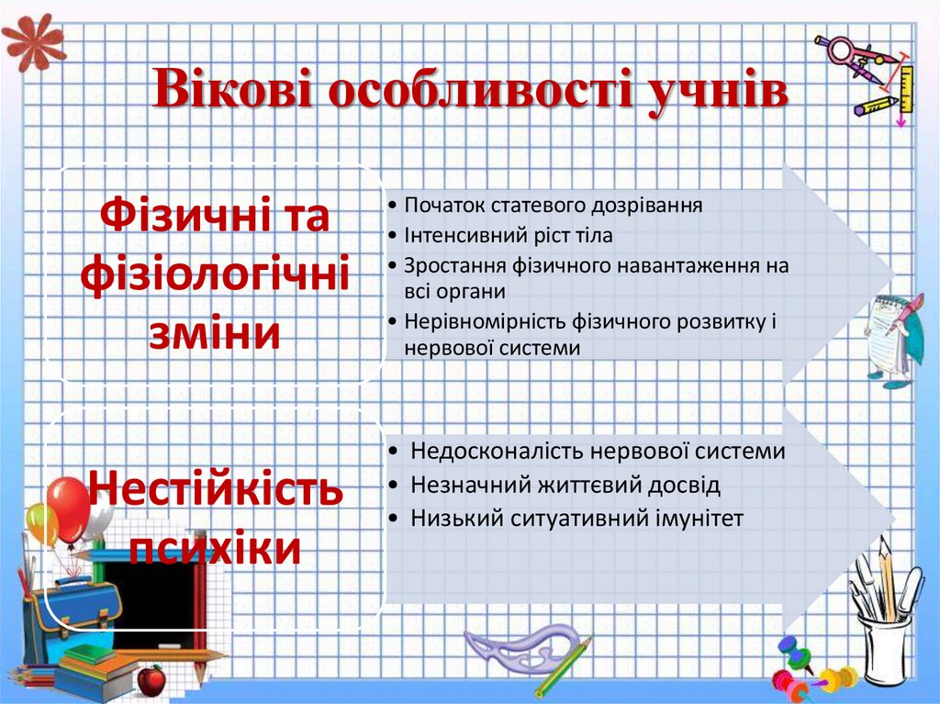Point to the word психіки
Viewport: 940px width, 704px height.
tap(215, 549)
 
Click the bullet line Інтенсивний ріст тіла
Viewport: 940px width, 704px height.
tap(508, 236)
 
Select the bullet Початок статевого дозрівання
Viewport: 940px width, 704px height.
tap(553, 206)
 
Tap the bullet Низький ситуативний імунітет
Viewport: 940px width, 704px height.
tap(576, 518)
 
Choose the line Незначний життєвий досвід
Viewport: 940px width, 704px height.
tap(565, 485)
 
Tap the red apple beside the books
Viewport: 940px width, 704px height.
tap(151, 679)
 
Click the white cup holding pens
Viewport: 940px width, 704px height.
tap(885, 652)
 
